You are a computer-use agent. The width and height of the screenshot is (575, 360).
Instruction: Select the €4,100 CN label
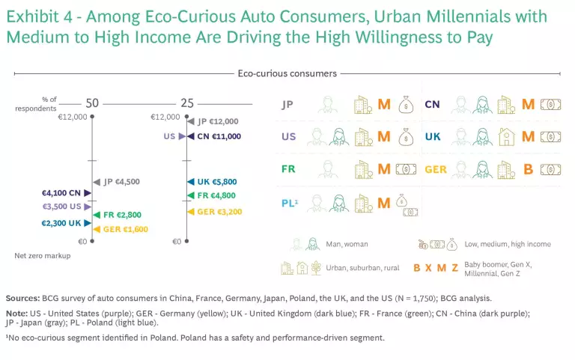(66, 194)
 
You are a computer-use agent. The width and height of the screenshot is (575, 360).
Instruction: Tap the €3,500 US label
(66, 206)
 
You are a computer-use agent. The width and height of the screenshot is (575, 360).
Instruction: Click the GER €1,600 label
(126, 230)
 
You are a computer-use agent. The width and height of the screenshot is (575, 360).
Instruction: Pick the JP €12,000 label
(218, 121)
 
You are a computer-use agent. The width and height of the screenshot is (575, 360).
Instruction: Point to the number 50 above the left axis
(92, 104)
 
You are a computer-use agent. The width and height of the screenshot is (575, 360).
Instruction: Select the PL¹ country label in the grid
(290, 202)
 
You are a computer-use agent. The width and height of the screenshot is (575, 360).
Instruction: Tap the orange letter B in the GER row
(528, 169)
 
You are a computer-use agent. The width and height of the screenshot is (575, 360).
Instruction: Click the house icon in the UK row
(506, 136)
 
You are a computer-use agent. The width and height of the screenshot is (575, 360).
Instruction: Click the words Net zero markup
(42, 256)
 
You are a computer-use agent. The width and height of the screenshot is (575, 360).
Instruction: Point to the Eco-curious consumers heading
(287, 73)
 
